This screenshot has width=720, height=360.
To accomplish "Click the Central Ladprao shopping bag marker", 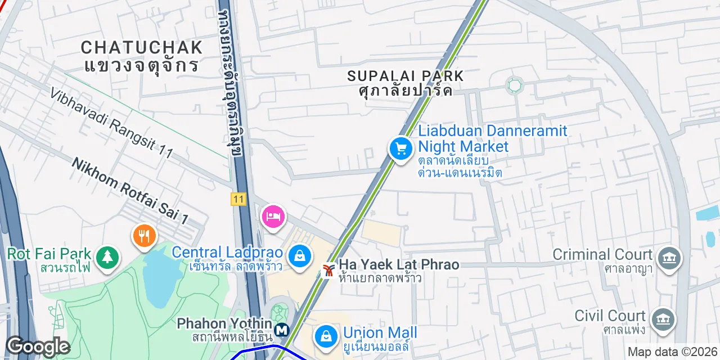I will tap(300, 256).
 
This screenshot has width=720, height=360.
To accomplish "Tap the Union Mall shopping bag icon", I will tap(326, 336).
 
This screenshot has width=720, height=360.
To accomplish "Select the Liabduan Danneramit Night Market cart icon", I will tap(401, 149).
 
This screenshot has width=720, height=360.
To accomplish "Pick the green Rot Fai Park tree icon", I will tap(106, 257).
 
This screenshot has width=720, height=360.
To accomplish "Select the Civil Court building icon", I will tap(663, 319).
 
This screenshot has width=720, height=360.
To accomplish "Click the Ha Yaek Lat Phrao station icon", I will tap(328, 271).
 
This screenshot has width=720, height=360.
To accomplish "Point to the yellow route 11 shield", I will tap(238, 199).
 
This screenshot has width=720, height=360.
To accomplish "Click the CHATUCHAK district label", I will tap(141, 47).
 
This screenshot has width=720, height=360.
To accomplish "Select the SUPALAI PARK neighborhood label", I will tap(405, 75).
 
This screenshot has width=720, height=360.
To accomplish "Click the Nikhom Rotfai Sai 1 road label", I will tap(130, 189).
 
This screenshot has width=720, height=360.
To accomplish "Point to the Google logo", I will tap(38, 346).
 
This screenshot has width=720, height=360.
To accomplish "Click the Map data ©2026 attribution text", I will tap(673, 352).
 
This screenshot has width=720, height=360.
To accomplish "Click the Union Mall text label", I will tap(380, 332).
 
